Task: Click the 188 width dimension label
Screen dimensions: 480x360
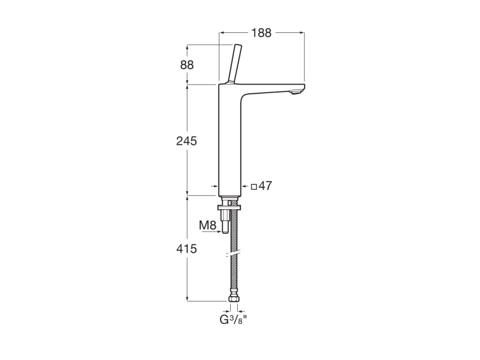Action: [x=262, y=33]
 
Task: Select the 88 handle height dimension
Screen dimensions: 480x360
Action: [x=187, y=65]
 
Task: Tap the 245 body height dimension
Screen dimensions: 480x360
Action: [x=187, y=141]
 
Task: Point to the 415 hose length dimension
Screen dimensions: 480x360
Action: [x=187, y=248]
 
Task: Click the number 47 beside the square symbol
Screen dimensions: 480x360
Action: [x=265, y=186]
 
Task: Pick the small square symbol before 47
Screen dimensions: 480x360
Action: [x=254, y=187]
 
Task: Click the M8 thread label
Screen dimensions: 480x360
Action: [x=208, y=225]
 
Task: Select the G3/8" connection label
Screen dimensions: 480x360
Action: [x=233, y=320]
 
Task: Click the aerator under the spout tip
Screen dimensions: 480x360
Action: [x=296, y=91]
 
